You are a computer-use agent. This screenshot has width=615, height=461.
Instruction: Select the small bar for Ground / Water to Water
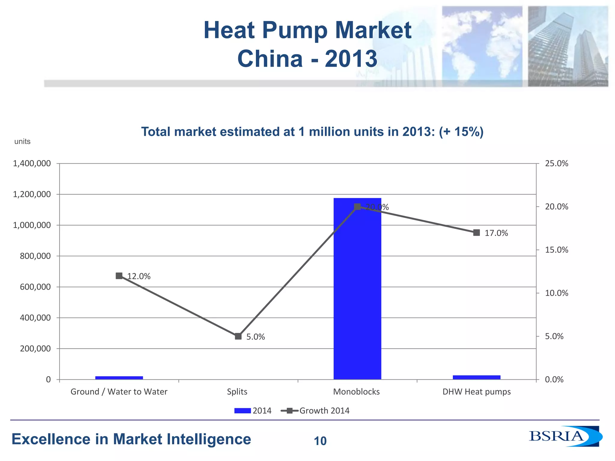(x=119, y=378)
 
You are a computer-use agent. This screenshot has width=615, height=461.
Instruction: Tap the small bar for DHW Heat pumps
(x=477, y=377)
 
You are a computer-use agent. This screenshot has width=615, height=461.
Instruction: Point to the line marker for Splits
(x=238, y=336)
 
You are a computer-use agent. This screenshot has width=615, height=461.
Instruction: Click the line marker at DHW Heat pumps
(x=477, y=233)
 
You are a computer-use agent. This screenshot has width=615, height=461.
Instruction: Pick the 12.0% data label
(x=139, y=276)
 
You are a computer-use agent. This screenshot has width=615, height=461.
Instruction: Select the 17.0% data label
(x=496, y=233)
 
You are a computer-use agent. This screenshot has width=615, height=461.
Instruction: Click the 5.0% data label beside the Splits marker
(x=256, y=337)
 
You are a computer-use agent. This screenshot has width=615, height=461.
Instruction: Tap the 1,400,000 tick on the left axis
(x=32, y=164)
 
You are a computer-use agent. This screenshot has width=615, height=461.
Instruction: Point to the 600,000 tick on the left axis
(x=35, y=287)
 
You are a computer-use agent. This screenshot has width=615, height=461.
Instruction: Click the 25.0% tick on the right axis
(x=556, y=164)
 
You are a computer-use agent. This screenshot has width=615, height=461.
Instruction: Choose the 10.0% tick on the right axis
(x=556, y=293)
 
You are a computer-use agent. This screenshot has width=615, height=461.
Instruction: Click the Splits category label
(x=237, y=392)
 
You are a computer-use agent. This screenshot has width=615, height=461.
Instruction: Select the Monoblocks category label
(x=356, y=392)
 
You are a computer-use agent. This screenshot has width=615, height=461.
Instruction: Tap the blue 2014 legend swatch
(x=242, y=411)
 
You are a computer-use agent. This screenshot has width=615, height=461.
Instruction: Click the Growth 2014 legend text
(x=324, y=411)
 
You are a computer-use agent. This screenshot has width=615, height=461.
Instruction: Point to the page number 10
(x=320, y=441)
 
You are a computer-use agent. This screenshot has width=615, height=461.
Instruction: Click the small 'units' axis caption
(x=23, y=141)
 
